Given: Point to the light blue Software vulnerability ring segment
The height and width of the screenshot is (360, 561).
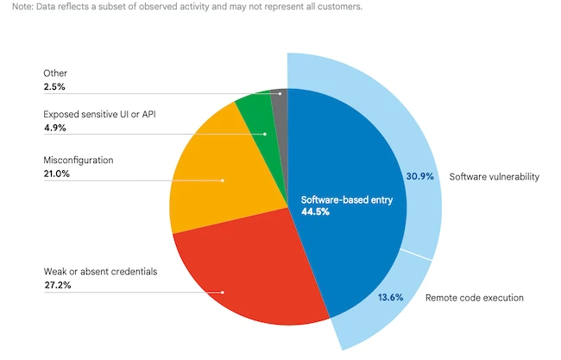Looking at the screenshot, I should (414, 121).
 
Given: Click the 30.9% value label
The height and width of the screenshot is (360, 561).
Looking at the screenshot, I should (419, 176).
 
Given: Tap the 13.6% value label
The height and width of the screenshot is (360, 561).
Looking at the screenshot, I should (389, 298).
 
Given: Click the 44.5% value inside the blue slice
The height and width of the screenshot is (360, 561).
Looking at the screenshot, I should (316, 212).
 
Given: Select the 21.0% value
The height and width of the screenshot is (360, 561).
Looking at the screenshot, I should (56, 174).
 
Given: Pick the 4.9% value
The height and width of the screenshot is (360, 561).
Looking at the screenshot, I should (54, 128).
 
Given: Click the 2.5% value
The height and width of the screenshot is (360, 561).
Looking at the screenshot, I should (54, 87).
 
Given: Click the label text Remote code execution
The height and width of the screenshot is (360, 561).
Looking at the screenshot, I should (475, 298).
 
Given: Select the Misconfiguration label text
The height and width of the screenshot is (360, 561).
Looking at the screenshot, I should (78, 161).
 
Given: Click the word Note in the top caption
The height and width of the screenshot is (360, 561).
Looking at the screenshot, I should (12, 6).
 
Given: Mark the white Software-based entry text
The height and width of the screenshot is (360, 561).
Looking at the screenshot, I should (341, 200).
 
